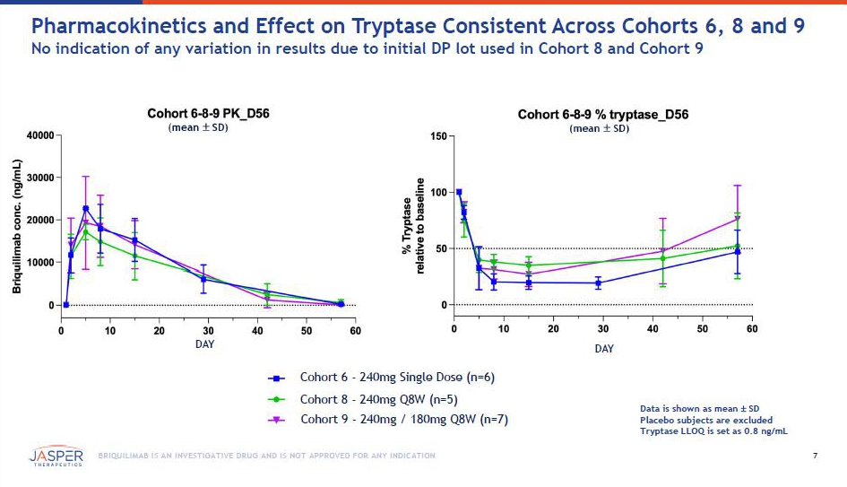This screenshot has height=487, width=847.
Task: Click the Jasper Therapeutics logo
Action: pyautogui.click(x=56, y=457)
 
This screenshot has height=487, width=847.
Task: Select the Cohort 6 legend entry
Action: pyautogui.click(x=394, y=378)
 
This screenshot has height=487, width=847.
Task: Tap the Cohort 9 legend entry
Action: pyautogui.click(x=403, y=420)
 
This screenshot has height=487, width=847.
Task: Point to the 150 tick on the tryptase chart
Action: pyautogui.click(x=438, y=135)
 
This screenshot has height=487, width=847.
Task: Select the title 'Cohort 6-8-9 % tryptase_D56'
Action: pyautogui.click(x=603, y=115)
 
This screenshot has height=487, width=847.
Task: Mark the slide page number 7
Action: pyautogui.click(x=815, y=457)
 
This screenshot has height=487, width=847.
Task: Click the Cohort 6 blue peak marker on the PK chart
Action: pyautogui.click(x=86, y=209)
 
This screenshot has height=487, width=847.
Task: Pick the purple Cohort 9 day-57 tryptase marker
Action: pyautogui.click(x=738, y=219)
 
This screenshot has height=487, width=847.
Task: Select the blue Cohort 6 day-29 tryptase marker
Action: pyautogui.click(x=598, y=283)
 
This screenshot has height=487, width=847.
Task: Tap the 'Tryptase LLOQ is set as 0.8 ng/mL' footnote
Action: pyautogui.click(x=713, y=431)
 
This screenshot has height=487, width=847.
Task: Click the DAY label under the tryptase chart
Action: pyautogui.click(x=604, y=348)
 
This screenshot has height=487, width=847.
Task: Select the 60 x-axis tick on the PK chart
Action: pyautogui.click(x=356, y=331)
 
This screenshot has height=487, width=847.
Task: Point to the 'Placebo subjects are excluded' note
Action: pyautogui.click(x=705, y=420)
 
